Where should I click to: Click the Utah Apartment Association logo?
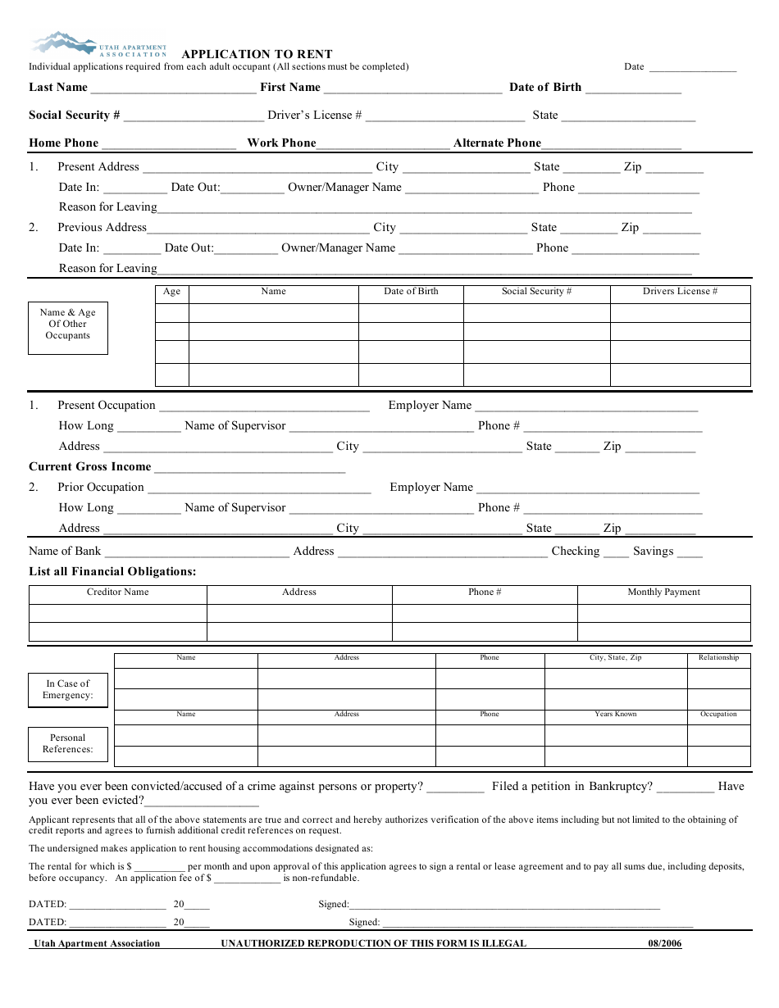coord(98,44)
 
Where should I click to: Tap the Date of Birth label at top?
coord(544,88)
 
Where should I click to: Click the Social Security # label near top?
coord(75,116)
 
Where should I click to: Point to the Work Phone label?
coord(281,143)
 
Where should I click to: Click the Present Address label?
coord(98,167)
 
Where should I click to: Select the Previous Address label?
coord(102,228)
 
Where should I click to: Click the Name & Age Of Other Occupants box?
coord(68,325)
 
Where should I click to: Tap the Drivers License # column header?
coord(680,292)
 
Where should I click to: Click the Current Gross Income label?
coord(90,467)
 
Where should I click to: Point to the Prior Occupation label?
coord(100,488)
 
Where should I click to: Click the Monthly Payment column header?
coord(663,593)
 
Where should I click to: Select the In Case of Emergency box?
coord(68,690)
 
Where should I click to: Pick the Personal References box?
coord(68,743)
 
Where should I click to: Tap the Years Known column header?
coord(615,715)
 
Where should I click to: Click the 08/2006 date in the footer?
coord(664,943)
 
